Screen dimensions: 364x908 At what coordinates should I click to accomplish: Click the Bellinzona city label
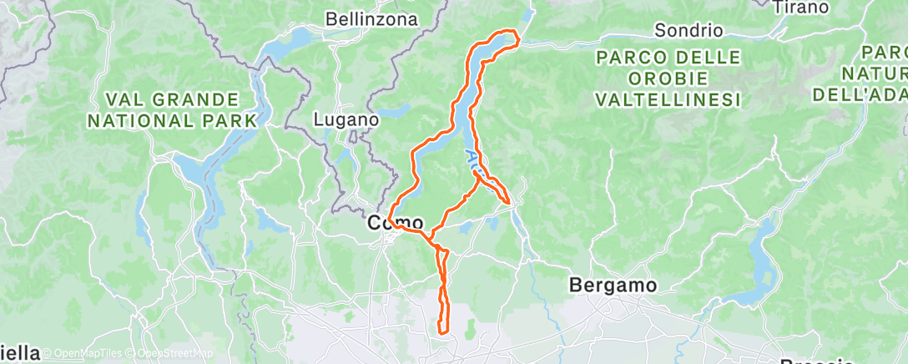click(371, 18)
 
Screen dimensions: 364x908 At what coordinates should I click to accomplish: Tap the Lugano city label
click(346, 120)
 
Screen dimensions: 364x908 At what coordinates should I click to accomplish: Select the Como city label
click(397, 225)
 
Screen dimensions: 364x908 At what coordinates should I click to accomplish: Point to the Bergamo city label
click(613, 286)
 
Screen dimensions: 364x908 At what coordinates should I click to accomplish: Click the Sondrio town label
click(688, 31)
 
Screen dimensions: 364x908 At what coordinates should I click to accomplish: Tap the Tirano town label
click(800, 8)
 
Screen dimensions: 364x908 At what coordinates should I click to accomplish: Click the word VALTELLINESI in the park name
click(668, 99)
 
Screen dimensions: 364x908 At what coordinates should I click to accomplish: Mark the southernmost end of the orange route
click(441, 334)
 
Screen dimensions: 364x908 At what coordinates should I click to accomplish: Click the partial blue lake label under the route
click(472, 159)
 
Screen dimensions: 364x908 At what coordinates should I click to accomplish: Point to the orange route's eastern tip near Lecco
click(508, 200)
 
